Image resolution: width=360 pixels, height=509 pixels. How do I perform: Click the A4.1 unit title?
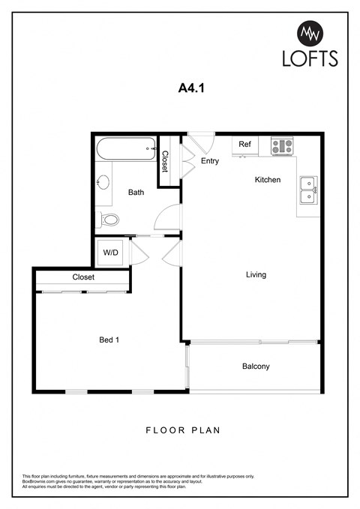tap(191, 88)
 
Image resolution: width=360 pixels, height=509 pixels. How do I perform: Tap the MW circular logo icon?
tap(310, 33)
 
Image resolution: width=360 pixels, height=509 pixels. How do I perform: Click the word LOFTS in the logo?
tap(310, 58)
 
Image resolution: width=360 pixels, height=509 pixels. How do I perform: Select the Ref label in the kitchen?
tap(244, 144)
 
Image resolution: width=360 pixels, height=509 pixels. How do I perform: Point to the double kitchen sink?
tap(307, 190)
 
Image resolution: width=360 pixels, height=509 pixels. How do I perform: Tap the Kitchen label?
tap(268, 180)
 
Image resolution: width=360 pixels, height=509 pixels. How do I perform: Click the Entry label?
tap(210, 160)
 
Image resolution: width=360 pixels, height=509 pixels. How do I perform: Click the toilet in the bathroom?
tap(109, 220)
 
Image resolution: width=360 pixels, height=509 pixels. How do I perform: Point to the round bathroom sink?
tap(103, 182)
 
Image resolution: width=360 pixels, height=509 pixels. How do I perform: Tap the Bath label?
tap(136, 193)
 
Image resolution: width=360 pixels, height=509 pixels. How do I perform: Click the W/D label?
tap(111, 253)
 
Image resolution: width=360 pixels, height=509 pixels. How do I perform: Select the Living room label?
tap(256, 274)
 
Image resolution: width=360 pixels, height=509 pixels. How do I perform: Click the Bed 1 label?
tap(109, 340)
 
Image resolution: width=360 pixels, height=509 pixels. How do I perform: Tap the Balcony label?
tap(256, 367)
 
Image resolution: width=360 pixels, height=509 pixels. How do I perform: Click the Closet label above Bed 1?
tap(83, 277)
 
